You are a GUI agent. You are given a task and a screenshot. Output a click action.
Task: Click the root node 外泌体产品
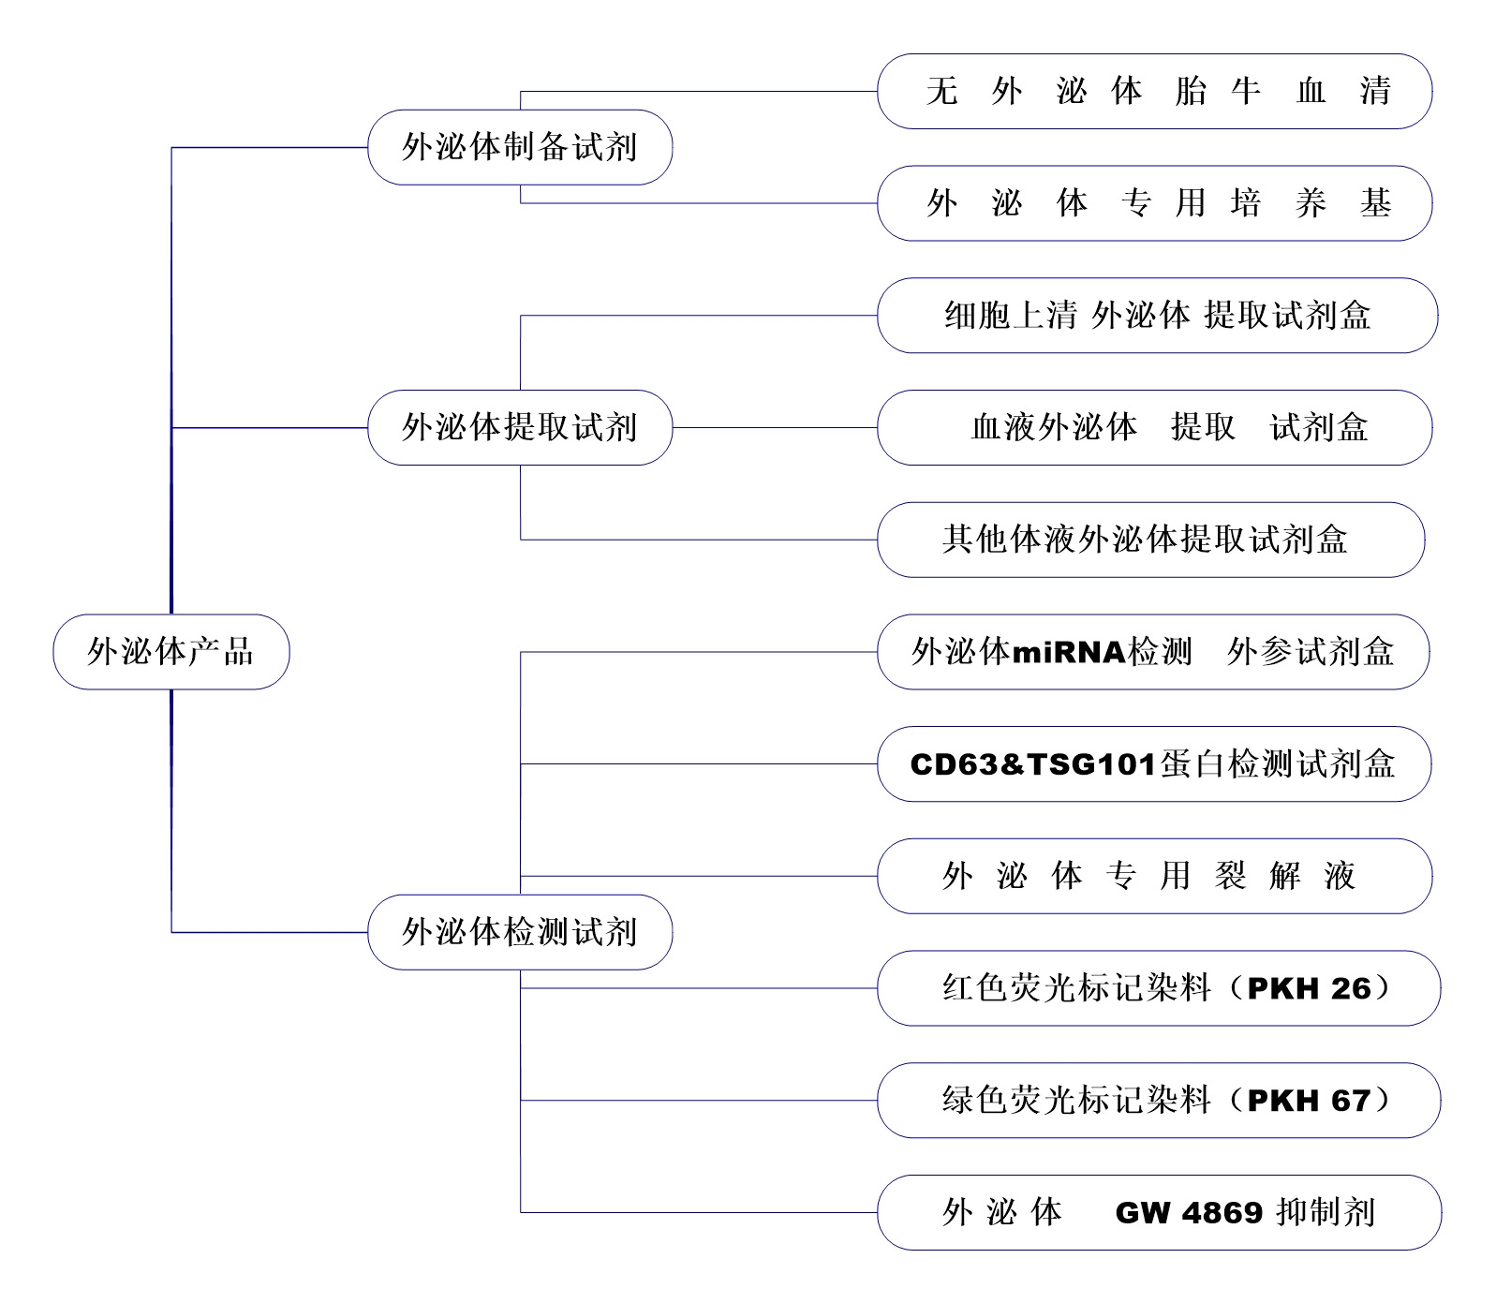[170, 652]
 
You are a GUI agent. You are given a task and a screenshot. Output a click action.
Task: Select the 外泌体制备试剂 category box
[519, 147]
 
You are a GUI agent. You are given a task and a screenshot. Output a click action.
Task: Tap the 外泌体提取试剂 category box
[519, 428]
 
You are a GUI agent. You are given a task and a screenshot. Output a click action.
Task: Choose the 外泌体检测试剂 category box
[519, 932]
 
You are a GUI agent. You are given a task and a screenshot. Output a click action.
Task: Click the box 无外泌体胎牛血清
[1154, 91]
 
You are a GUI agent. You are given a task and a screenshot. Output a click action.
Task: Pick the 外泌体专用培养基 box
[1154, 203]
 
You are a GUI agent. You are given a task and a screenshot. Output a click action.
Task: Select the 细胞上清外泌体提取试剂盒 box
[1157, 316]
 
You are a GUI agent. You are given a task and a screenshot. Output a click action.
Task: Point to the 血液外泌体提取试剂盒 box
[1154, 428]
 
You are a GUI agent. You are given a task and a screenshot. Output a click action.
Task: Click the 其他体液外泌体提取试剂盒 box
[1150, 540]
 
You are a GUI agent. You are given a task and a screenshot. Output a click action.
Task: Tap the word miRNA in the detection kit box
[1069, 652]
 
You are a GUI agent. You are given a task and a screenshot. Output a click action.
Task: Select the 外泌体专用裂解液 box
[1154, 876]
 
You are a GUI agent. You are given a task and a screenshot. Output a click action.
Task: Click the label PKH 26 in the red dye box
[1309, 988]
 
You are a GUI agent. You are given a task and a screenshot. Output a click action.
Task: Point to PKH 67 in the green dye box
[1309, 1101]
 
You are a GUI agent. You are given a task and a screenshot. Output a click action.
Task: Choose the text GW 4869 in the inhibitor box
[1190, 1213]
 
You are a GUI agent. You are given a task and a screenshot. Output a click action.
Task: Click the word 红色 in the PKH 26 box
[974, 988]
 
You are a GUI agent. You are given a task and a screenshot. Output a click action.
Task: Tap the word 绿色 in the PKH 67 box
[974, 1101]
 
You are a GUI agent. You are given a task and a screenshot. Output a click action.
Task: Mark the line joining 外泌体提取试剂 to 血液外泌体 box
[774, 428]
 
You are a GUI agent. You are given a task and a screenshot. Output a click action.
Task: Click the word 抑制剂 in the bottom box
[1326, 1213]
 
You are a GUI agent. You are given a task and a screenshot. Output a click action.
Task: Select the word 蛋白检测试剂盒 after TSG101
[1278, 764]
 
